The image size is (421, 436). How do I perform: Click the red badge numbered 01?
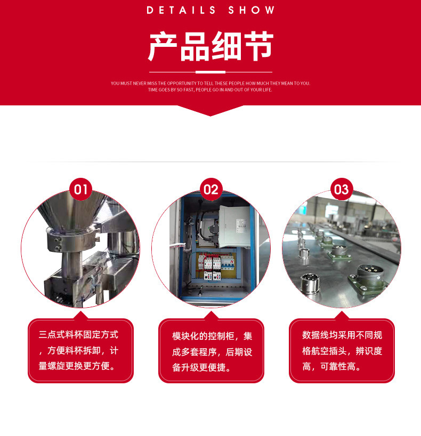80,190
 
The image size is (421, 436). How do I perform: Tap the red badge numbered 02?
211,190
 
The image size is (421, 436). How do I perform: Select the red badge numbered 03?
341,190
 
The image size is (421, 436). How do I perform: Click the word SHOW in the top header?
252,10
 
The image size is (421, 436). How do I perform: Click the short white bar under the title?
210,72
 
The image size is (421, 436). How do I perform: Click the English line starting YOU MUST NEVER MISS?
210,83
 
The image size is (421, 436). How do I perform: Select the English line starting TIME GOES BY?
210,89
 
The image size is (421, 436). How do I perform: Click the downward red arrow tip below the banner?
210,112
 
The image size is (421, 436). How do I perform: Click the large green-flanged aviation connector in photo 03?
368,277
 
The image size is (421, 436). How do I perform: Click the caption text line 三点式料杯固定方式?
78,335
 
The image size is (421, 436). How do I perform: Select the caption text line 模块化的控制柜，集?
212,336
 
